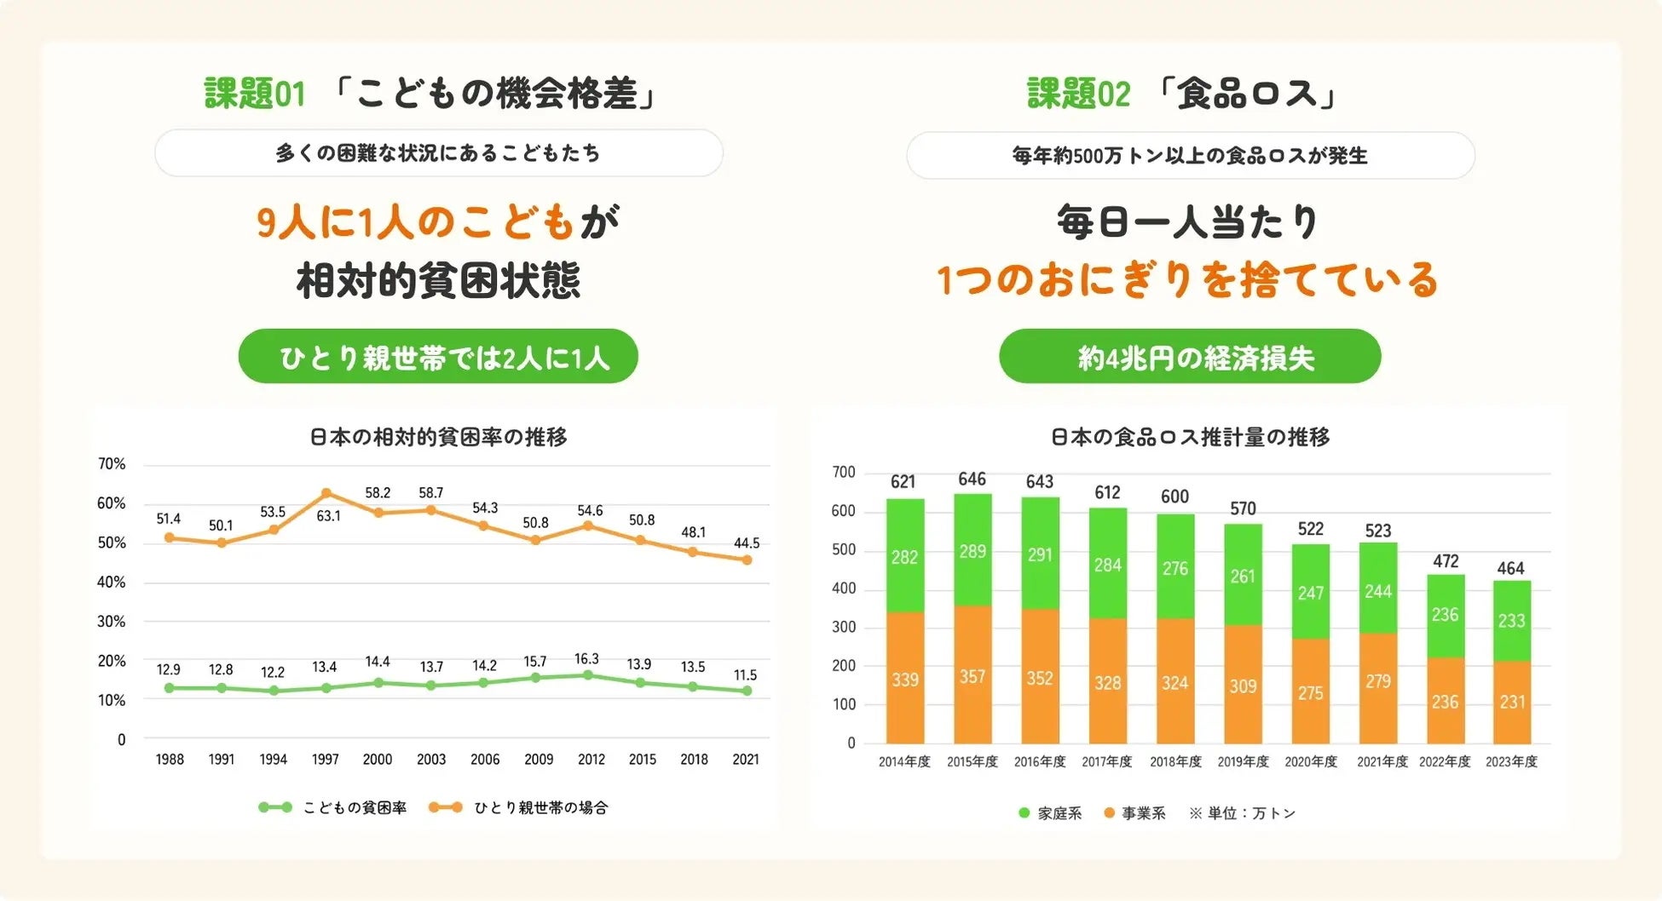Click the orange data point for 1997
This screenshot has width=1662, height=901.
(326, 493)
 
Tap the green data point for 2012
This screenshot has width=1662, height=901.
(588, 675)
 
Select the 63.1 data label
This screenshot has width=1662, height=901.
(328, 516)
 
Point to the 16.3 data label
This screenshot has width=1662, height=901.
(586, 659)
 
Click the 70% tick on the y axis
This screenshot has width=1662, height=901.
(112, 464)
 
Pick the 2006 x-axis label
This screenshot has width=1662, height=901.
(485, 760)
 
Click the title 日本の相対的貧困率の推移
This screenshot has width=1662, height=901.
(438, 437)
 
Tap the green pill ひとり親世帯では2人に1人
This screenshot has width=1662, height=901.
(438, 357)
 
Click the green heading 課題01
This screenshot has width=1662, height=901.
(254, 94)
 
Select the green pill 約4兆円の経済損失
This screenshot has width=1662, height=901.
(1190, 357)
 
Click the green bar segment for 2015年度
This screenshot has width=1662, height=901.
(972, 550)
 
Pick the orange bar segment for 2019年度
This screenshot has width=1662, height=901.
(1243, 685)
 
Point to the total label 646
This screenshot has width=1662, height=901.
(972, 479)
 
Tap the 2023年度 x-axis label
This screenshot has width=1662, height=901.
(1511, 762)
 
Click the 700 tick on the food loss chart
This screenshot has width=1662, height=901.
(844, 473)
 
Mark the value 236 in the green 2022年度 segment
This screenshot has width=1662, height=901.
(1445, 615)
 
